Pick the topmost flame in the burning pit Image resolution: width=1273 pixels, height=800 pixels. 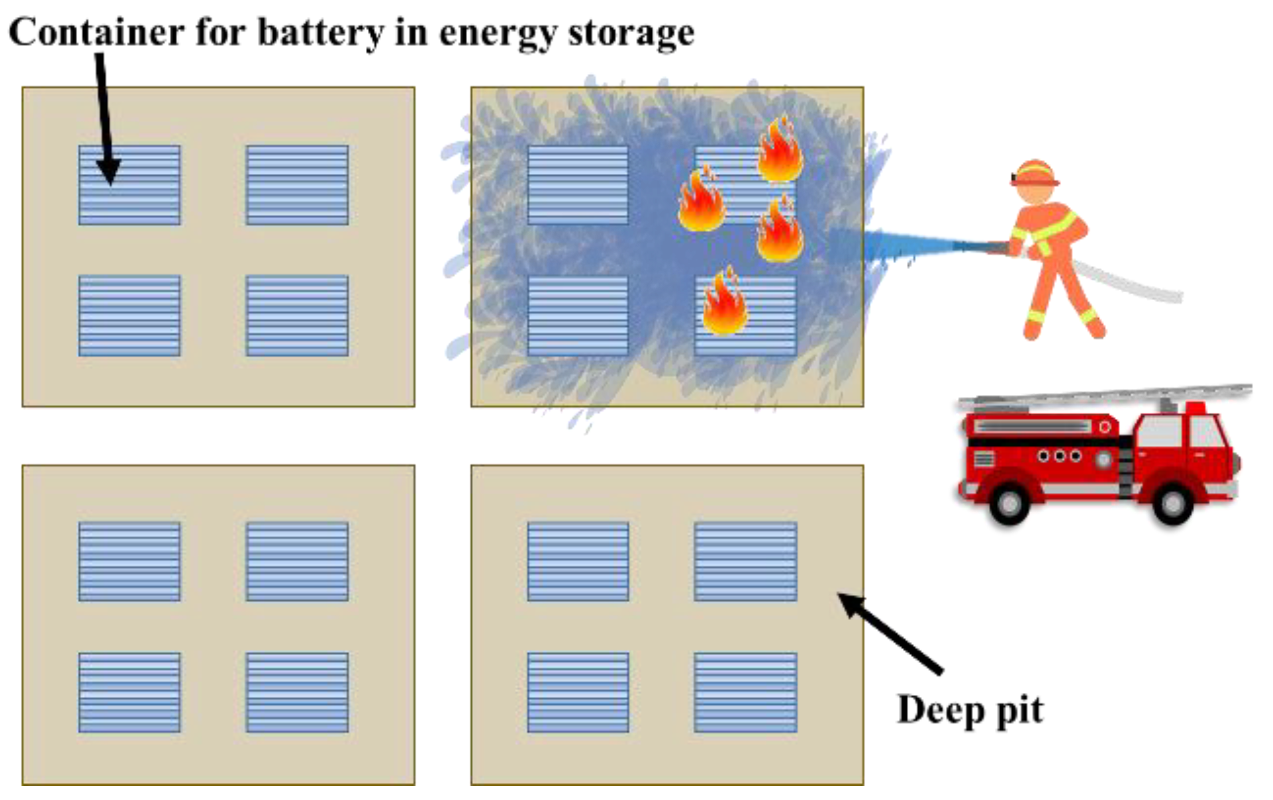[x=780, y=151]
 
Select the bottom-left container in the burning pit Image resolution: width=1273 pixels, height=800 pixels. [x=578, y=315]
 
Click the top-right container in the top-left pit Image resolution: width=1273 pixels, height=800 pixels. [x=297, y=185]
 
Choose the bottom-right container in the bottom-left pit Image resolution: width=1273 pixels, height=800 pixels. [x=297, y=692]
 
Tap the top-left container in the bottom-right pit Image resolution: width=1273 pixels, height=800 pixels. [x=578, y=561]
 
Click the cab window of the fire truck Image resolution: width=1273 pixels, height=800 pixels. [x=1208, y=431]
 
